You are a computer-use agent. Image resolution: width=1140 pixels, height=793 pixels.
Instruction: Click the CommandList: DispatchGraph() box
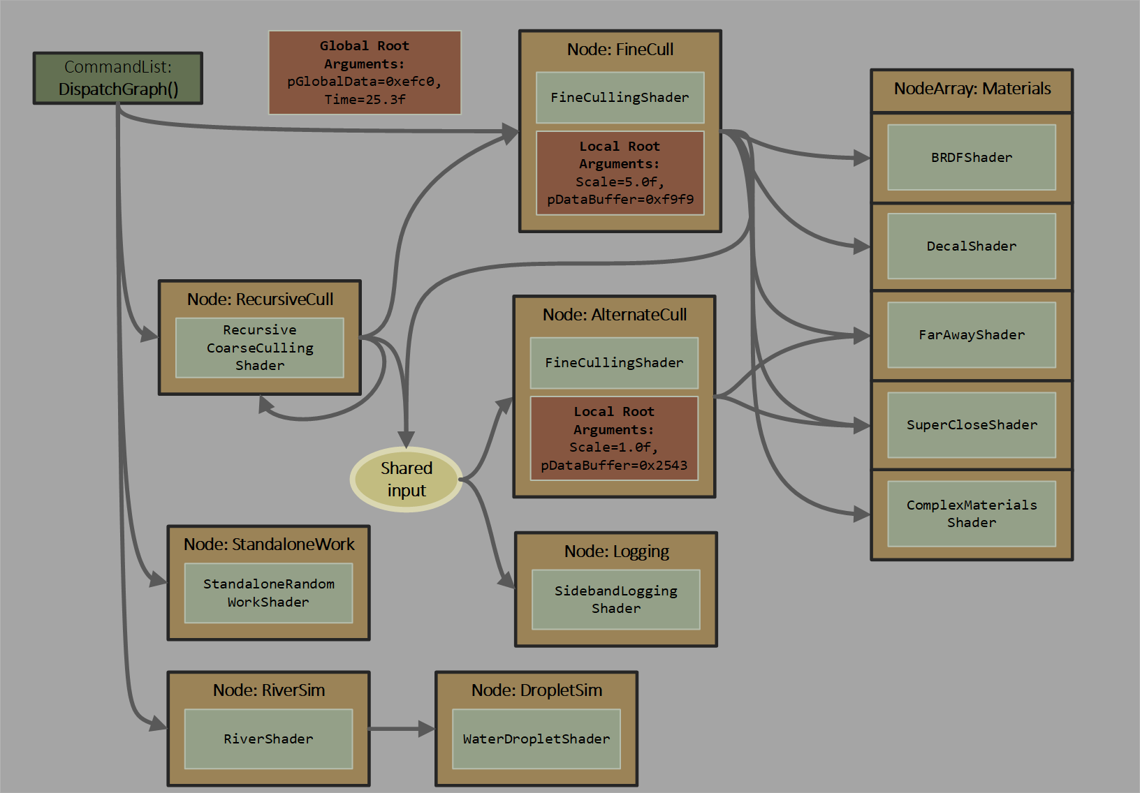(x=118, y=78)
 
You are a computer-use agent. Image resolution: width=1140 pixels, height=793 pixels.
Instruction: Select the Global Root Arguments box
(x=365, y=73)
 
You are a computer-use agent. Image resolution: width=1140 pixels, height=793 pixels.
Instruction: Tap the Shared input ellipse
(x=406, y=480)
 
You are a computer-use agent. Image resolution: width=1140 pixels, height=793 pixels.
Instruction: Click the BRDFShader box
(x=971, y=158)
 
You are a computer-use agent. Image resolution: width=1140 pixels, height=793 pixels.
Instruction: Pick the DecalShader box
(x=971, y=246)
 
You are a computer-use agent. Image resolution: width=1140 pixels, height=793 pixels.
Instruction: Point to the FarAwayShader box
(x=971, y=335)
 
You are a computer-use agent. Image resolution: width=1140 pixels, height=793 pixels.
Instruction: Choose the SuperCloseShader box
(x=971, y=425)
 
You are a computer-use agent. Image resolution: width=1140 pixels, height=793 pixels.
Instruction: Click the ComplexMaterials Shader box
(x=971, y=514)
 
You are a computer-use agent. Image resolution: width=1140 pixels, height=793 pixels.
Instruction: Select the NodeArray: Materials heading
(x=972, y=89)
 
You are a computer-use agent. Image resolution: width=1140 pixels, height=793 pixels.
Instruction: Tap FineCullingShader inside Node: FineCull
(x=620, y=98)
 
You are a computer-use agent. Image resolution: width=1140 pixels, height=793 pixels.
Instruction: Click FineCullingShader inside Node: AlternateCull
(x=614, y=363)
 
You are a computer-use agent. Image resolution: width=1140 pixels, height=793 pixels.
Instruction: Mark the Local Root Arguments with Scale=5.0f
(x=620, y=173)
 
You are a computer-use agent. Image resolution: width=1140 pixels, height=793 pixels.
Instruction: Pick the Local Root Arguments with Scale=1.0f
(x=614, y=438)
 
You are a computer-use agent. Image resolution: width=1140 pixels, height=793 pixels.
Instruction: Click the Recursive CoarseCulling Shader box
(x=260, y=348)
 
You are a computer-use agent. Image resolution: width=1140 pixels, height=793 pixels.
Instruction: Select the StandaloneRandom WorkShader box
(x=268, y=593)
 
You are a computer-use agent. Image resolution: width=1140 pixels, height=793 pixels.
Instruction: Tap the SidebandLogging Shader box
(x=615, y=600)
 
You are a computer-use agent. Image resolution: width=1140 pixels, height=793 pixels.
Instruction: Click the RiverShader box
(x=268, y=739)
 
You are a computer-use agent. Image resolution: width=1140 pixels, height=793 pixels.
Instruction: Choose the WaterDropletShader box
(x=536, y=739)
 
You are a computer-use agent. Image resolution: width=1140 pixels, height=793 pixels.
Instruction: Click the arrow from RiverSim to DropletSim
(x=401, y=729)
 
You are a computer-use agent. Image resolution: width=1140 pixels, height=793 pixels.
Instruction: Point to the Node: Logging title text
(x=616, y=551)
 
